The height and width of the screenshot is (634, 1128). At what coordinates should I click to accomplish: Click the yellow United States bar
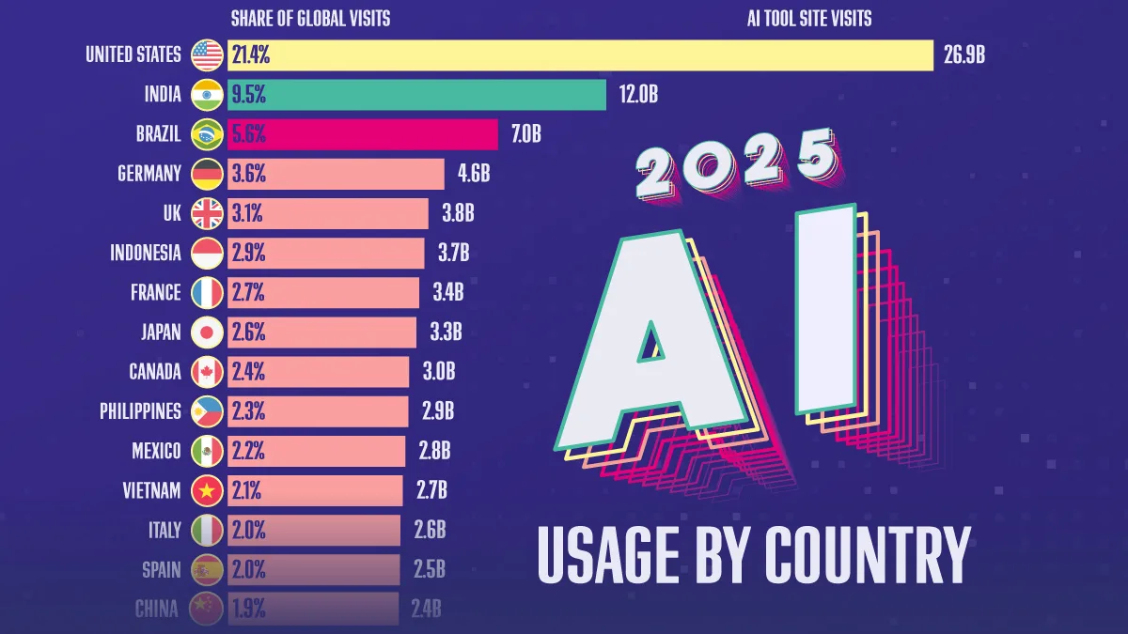(x=580, y=54)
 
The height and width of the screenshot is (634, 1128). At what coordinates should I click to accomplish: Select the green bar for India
(x=417, y=95)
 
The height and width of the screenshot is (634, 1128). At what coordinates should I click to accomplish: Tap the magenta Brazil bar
(x=363, y=134)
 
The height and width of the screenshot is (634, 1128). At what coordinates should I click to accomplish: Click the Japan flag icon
(x=207, y=332)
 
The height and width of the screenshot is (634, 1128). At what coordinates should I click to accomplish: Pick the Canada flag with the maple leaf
(x=207, y=372)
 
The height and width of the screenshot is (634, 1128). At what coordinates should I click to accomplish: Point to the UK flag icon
(x=207, y=213)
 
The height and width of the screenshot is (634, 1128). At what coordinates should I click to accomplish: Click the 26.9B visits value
(x=964, y=54)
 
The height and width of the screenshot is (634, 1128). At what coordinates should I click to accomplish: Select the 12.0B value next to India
(x=638, y=95)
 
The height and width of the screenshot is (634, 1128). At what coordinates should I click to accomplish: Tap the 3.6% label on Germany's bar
(x=249, y=174)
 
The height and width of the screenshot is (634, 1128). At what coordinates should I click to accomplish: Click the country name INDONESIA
(x=146, y=253)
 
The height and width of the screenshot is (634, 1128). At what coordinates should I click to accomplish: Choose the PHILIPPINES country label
(x=140, y=411)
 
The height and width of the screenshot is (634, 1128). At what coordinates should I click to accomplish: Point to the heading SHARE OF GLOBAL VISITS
(x=311, y=19)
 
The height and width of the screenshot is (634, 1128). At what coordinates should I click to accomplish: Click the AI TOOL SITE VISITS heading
(x=809, y=19)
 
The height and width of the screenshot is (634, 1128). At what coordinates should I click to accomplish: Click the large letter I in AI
(x=826, y=309)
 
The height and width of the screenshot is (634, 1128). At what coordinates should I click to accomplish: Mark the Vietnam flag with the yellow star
(x=207, y=490)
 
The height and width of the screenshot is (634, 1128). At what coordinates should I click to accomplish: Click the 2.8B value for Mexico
(x=434, y=452)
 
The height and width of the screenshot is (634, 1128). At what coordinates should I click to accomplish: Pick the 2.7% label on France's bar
(x=248, y=293)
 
